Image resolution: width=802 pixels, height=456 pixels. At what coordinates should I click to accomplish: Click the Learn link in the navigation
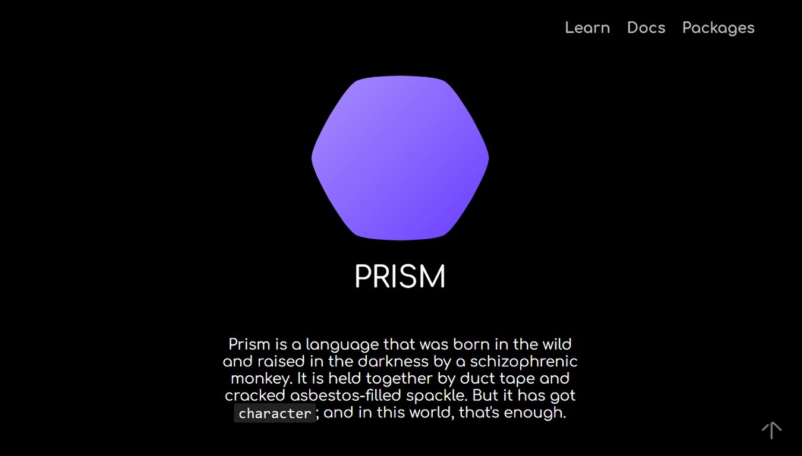tap(587, 28)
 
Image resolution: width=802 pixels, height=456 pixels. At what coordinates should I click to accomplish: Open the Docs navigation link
tap(646, 28)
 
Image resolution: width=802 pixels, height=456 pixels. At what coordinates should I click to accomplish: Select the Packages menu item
tap(718, 28)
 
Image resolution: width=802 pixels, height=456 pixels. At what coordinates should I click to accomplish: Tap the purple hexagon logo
tap(400, 158)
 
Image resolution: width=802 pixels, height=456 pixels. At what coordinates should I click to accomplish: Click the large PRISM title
tap(400, 277)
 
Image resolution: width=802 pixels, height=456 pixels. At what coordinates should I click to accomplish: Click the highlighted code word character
tap(275, 413)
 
